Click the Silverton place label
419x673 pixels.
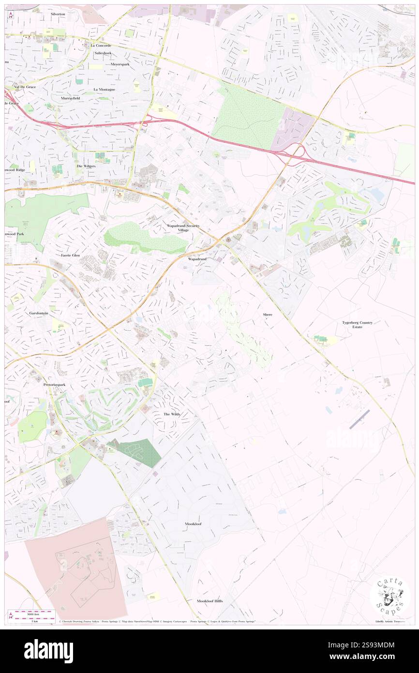(57, 15)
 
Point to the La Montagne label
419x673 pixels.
(105, 90)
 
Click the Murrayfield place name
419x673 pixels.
(70, 98)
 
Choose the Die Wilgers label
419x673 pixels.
(87, 166)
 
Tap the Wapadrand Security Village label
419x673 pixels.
(183, 228)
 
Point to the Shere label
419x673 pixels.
(268, 315)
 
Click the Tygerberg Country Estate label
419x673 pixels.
(357, 324)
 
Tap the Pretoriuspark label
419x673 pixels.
(54, 385)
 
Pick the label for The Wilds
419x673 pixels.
(172, 414)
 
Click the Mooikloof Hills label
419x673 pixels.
(210, 601)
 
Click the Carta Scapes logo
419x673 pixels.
(390, 597)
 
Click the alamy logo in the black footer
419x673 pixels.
(48, 651)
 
